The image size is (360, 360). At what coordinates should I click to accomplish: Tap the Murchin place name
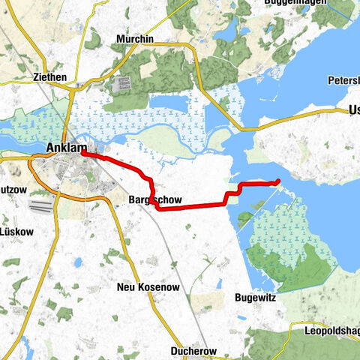135,39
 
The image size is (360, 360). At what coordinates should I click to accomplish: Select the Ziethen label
51,76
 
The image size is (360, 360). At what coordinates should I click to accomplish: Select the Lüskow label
18,232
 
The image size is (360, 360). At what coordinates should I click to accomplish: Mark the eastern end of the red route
278,180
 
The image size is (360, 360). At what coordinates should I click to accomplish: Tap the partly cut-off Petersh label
343,79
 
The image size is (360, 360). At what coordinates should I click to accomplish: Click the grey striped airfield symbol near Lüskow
42,204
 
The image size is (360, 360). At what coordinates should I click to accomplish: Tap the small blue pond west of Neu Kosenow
77,263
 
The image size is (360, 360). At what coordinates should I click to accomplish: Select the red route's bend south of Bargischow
158,208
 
